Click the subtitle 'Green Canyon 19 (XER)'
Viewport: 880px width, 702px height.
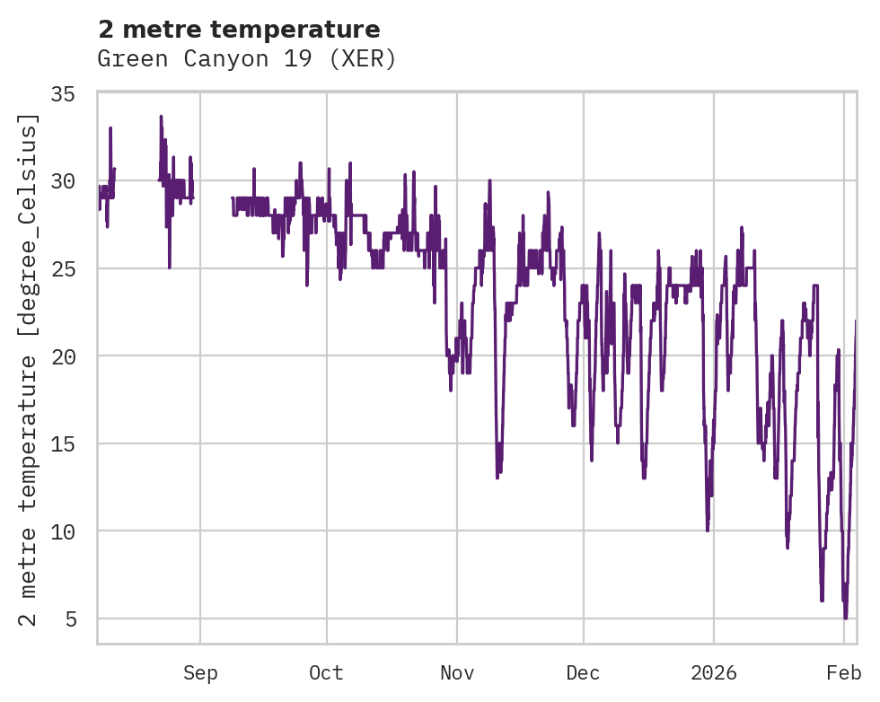click(246, 59)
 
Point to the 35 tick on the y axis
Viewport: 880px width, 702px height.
click(63, 93)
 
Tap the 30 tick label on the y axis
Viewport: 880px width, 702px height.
click(63, 181)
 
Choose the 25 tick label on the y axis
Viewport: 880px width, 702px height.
click(63, 268)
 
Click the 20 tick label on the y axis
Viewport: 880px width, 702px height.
click(63, 356)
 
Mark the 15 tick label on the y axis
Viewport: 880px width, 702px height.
click(63, 443)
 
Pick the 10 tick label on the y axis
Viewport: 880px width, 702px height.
click(63, 531)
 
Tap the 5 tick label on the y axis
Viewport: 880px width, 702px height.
click(69, 619)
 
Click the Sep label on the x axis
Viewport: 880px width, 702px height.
click(200, 673)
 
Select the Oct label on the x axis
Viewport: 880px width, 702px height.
click(326, 673)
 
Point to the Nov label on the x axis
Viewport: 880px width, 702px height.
click(456, 673)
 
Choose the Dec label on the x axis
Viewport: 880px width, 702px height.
click(583, 673)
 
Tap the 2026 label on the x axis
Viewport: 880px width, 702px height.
click(714, 673)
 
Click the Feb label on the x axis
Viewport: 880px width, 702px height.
click(844, 673)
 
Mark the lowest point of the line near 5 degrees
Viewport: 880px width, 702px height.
click(845, 618)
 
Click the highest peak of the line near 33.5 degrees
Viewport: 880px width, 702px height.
click(161, 117)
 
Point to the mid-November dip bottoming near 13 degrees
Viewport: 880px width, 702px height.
click(497, 476)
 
